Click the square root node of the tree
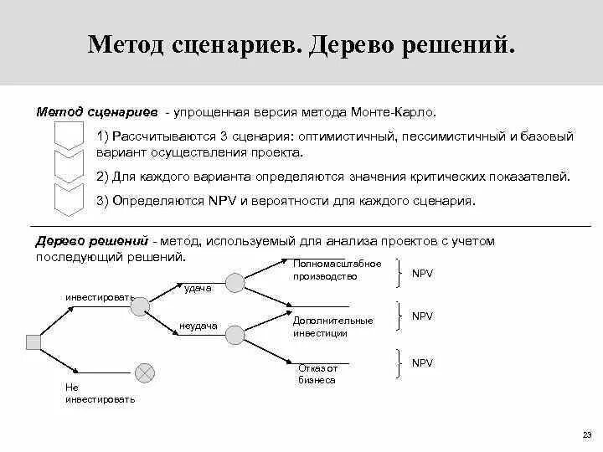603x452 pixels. [x=34, y=341]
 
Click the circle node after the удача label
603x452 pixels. [x=234, y=283]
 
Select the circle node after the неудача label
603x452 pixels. [x=234, y=334]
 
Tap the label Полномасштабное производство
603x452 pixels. [x=325, y=270]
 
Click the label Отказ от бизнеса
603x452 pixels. [x=318, y=373]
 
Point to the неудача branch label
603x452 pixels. [x=198, y=326]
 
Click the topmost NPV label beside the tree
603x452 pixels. [x=422, y=273]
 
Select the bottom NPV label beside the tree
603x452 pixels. [x=422, y=362]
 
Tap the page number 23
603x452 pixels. [x=585, y=434]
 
